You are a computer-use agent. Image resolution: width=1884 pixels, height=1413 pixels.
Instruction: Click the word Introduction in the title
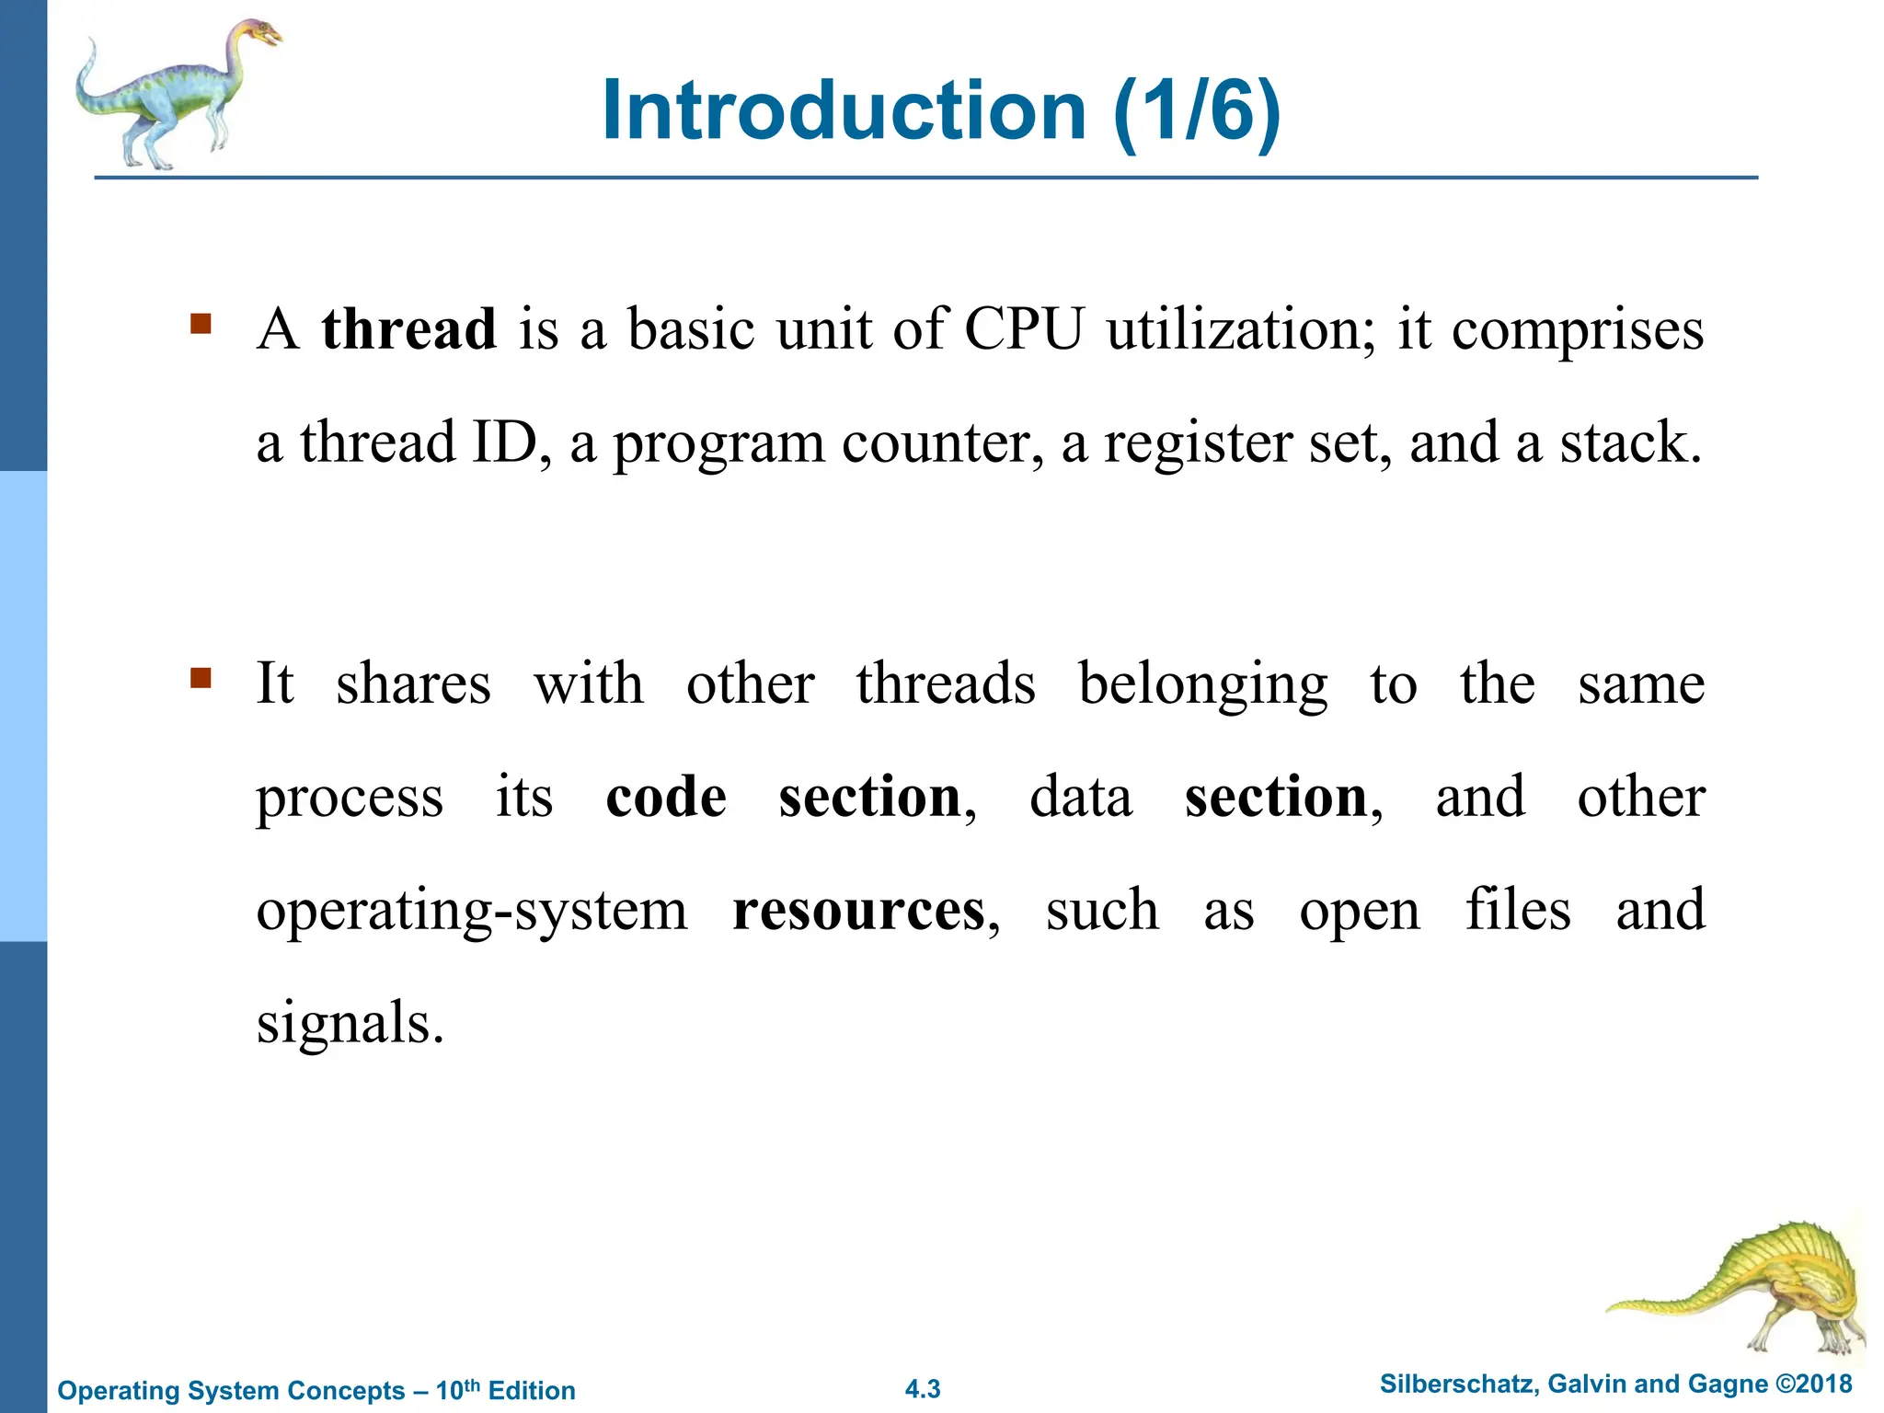click(844, 110)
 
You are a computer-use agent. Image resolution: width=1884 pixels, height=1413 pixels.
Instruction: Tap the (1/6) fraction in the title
click(1196, 110)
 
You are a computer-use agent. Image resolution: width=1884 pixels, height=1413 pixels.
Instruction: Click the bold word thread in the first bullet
click(408, 329)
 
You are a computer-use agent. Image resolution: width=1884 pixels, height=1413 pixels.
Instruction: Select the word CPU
click(1024, 329)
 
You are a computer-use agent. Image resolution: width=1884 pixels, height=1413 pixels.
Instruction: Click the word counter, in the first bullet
click(943, 443)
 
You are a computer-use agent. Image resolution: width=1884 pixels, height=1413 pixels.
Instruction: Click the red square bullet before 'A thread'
click(201, 324)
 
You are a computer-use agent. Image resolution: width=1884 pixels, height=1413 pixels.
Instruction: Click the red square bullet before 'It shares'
click(201, 679)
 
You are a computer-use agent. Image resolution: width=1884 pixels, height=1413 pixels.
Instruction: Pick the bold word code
click(666, 797)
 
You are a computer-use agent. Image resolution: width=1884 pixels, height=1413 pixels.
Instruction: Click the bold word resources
click(858, 911)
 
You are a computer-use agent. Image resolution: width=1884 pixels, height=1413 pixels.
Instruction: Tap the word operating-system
click(471, 913)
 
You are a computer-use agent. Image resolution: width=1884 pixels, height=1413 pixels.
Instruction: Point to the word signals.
click(350, 1023)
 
